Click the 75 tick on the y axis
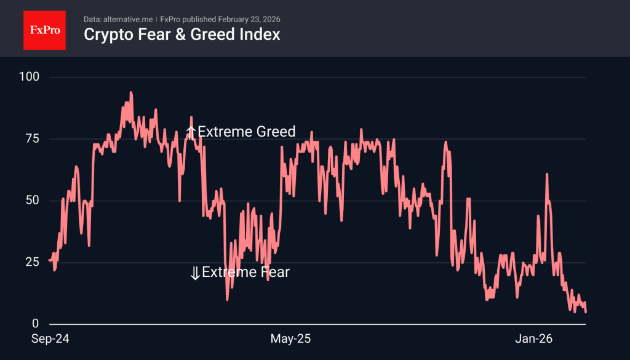pos(32,138)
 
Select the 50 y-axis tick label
pos(32,201)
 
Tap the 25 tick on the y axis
pos(32,262)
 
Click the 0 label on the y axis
pos(35,324)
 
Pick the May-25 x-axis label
pos(291,338)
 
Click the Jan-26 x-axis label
pos(533,338)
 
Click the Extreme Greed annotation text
pos(246,132)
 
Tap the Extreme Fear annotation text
pos(245,272)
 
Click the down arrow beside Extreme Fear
pos(195,273)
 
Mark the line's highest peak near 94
pos(131,92)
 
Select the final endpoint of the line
pos(586,312)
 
